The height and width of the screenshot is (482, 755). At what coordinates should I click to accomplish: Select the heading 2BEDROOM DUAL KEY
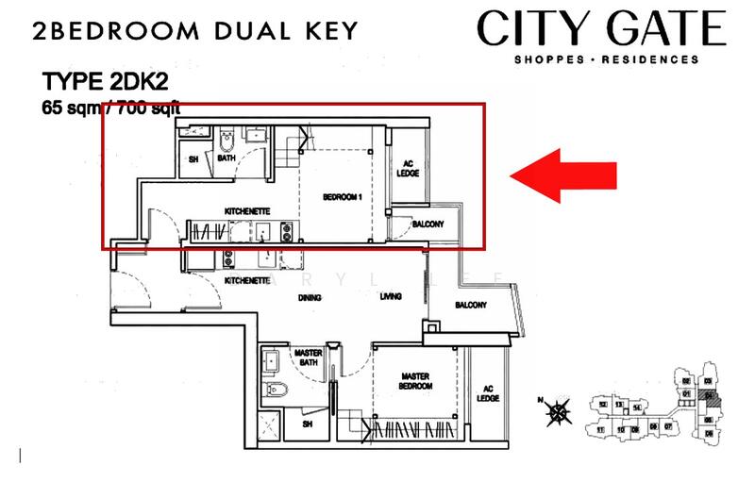point(194,29)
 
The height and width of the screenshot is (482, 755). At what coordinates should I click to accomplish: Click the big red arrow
point(563,175)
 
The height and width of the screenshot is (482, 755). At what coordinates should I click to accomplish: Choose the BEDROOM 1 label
point(343,196)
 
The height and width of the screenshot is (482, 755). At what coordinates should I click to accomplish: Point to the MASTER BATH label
point(310,357)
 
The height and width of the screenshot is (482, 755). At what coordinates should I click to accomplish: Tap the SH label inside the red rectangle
point(193,159)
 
